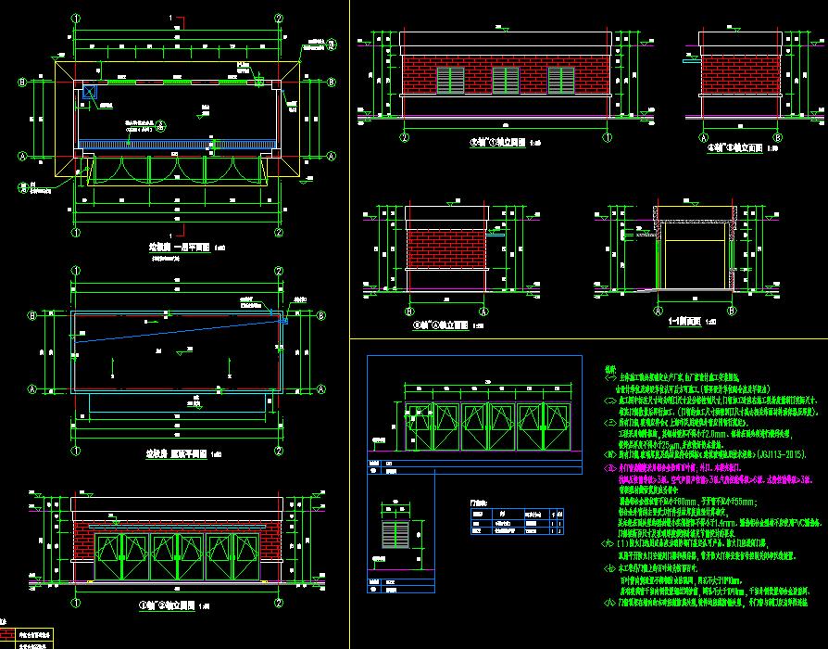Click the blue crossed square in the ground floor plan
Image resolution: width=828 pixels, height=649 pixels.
pyautogui.click(x=90, y=91)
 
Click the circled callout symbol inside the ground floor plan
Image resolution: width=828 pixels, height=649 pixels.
pyautogui.click(x=160, y=125)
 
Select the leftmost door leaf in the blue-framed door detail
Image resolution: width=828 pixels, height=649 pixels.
pyautogui.click(x=412, y=425)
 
